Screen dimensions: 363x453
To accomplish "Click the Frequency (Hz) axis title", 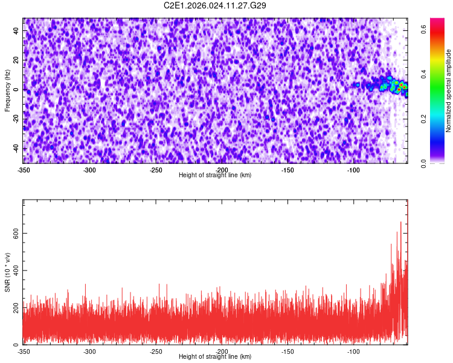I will pyautogui.click(x=7, y=91).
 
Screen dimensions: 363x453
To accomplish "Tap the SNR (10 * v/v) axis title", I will pyautogui.click(x=7, y=272).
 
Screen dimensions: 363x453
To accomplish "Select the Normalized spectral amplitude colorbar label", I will pyautogui.click(x=449, y=91).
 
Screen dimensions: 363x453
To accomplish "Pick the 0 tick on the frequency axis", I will pyautogui.click(x=17, y=90).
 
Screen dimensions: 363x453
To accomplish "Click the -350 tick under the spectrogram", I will pyautogui.click(x=24, y=170).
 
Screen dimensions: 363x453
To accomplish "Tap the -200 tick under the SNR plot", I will pyautogui.click(x=222, y=352).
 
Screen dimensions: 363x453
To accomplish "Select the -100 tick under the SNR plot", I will pyautogui.click(x=353, y=352).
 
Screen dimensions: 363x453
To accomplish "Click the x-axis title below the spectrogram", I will pyautogui.click(x=215, y=175).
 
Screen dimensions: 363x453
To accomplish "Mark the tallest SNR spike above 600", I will pyautogui.click(x=400, y=223).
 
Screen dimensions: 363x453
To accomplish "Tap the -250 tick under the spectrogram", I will pyautogui.click(x=155, y=170).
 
